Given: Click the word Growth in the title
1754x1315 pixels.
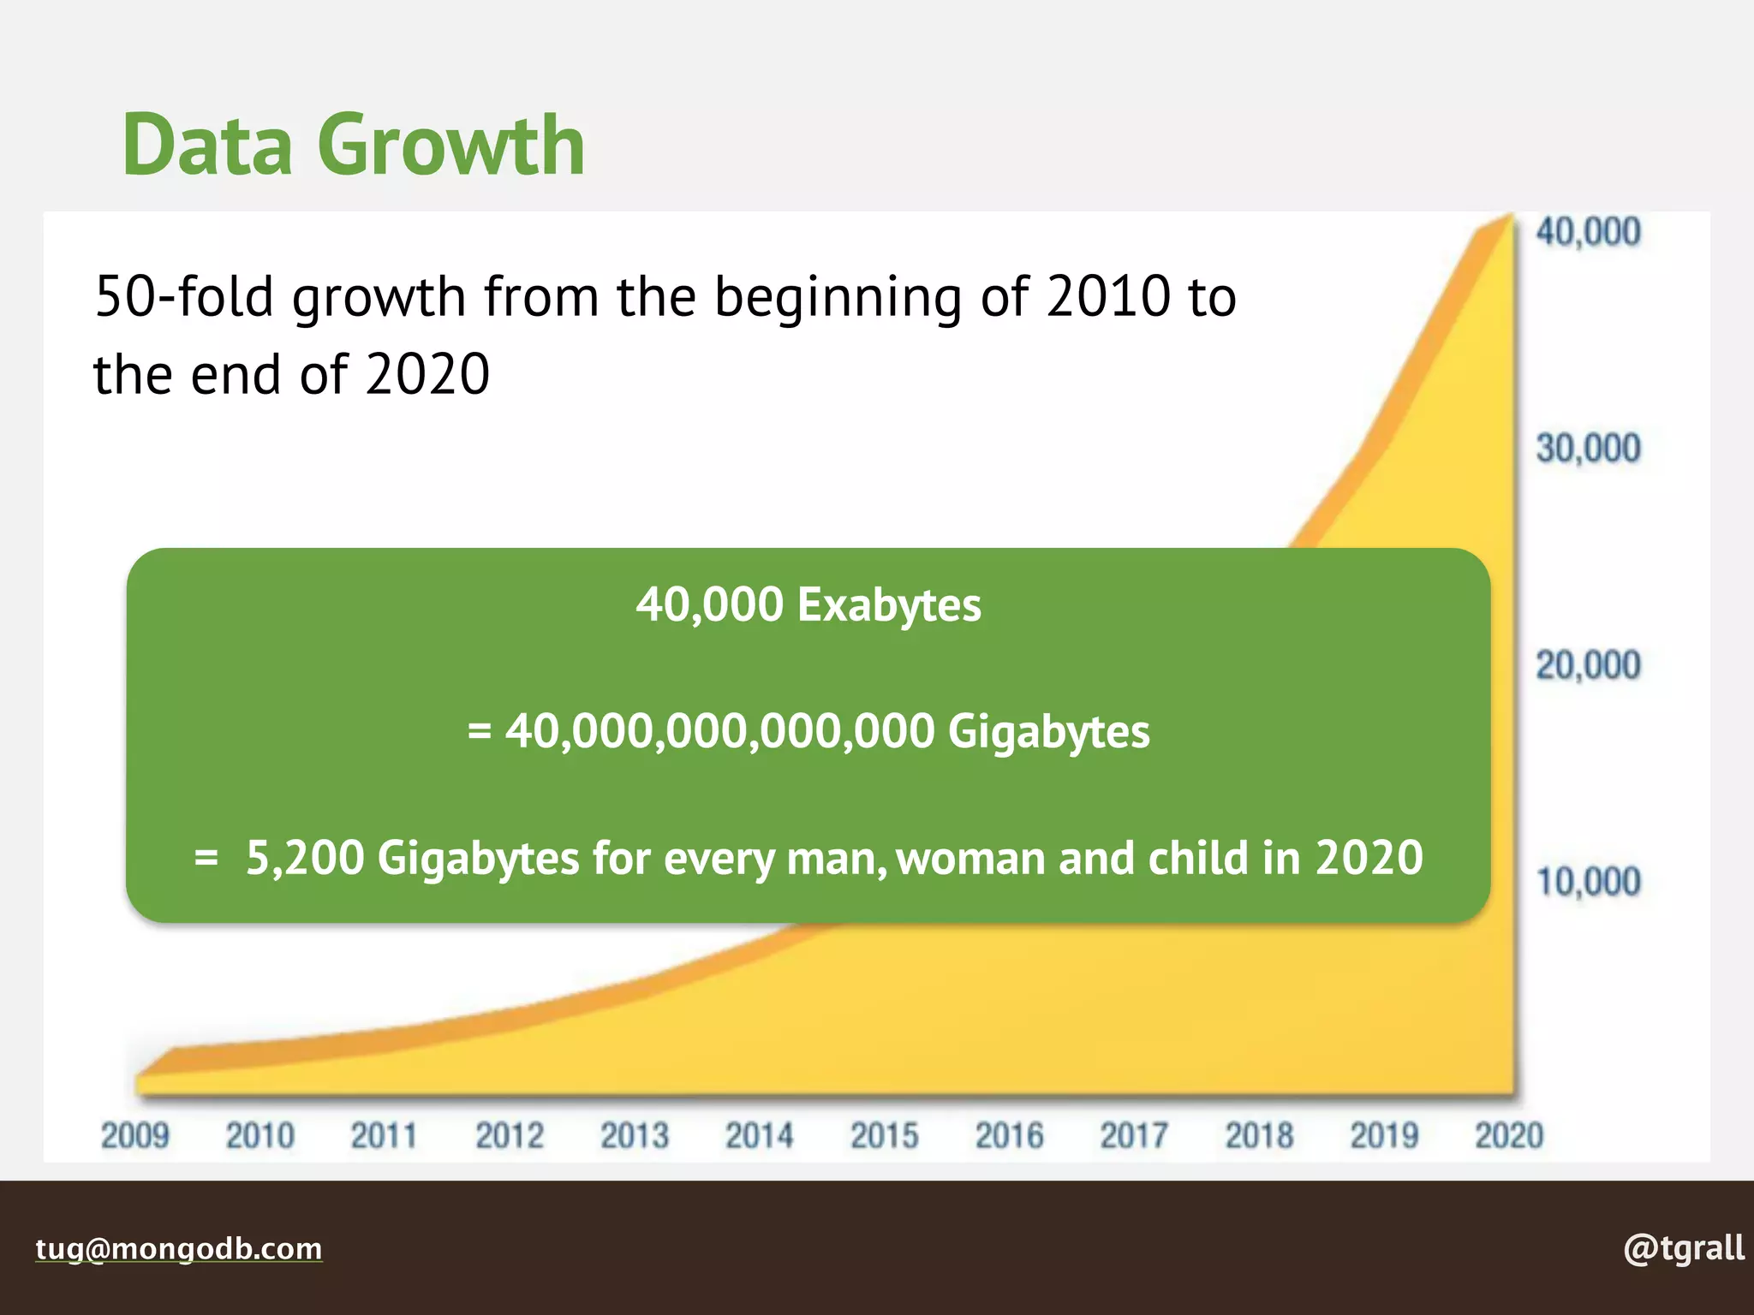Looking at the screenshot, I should pyautogui.click(x=451, y=145).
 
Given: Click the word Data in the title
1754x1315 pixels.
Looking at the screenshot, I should pyautogui.click(x=208, y=145).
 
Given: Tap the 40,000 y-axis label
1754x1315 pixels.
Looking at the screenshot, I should pyautogui.click(x=1587, y=232).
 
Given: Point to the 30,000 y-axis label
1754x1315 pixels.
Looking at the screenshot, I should pyautogui.click(x=1587, y=449).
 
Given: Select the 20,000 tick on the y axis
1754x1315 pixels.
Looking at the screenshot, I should pyautogui.click(x=1587, y=665).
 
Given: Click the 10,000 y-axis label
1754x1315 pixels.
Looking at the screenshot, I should pyautogui.click(x=1587, y=882).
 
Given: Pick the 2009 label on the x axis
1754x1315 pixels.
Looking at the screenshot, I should pyautogui.click(x=135, y=1136).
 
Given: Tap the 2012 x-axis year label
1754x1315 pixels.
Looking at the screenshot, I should pyautogui.click(x=510, y=1136).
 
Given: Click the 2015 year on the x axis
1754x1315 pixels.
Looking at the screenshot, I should pyautogui.click(x=884, y=1136).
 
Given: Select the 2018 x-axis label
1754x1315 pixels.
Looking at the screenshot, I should pyautogui.click(x=1259, y=1136).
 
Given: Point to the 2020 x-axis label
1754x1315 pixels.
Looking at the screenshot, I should pyautogui.click(x=1509, y=1136).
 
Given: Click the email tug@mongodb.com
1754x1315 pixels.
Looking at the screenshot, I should pyautogui.click(x=178, y=1248).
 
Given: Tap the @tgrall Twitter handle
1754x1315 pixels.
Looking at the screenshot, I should pyautogui.click(x=1683, y=1248).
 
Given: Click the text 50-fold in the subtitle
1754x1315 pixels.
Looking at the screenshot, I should pyautogui.click(x=184, y=297).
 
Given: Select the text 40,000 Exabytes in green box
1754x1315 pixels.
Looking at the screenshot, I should pyautogui.click(x=808, y=604).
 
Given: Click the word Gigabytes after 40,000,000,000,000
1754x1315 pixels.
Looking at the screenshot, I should pyautogui.click(x=1048, y=732).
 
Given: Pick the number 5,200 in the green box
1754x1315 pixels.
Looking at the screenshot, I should pyautogui.click(x=305, y=858).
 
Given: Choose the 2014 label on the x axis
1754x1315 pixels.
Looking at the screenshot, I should pyautogui.click(x=759, y=1136).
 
